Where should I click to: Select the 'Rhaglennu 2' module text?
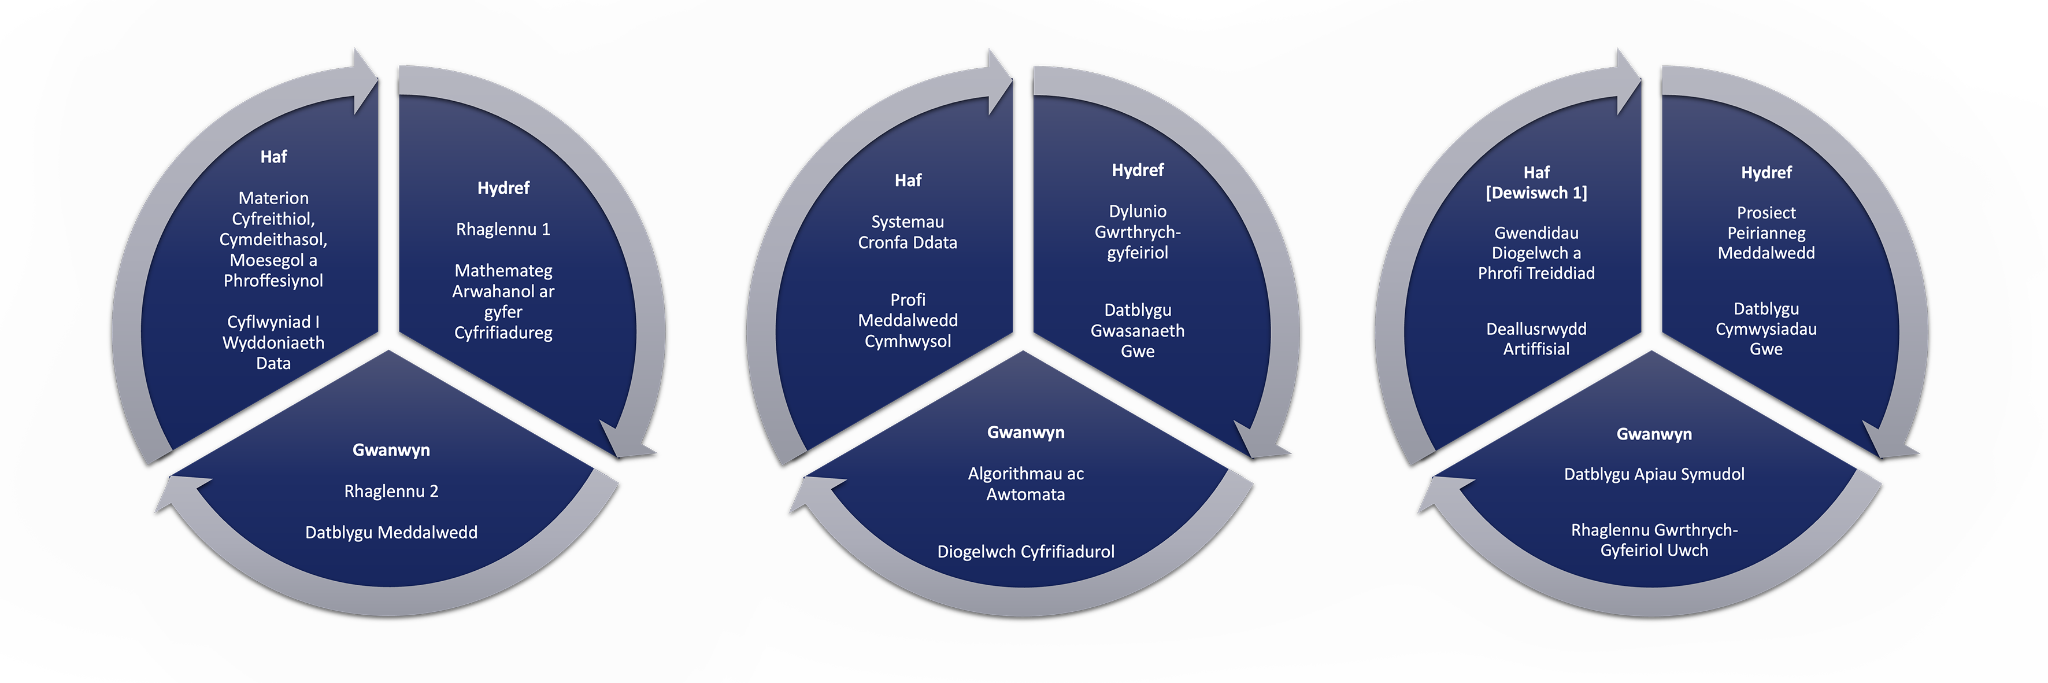pyautogui.click(x=391, y=492)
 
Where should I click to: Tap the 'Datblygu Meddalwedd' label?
pyautogui.click(x=391, y=533)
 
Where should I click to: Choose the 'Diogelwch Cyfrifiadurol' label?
pyautogui.click(x=1025, y=552)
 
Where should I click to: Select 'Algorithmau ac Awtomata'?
pyautogui.click(x=1025, y=483)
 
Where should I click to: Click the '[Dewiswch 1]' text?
pyautogui.click(x=1536, y=193)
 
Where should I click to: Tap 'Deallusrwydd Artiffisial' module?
pyautogui.click(x=1536, y=339)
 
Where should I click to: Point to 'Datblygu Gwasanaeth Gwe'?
pyautogui.click(x=1137, y=331)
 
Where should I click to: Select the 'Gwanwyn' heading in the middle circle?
pyautogui.click(x=1025, y=433)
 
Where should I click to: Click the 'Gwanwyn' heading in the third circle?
pyautogui.click(x=1654, y=434)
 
